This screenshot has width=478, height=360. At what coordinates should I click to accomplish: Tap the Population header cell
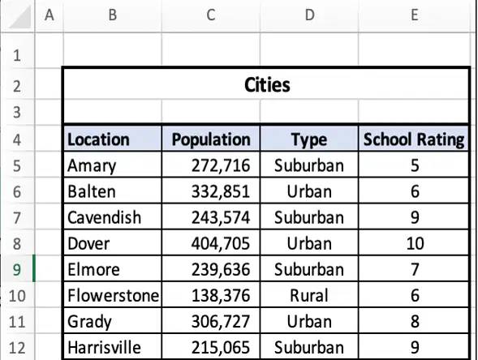(x=211, y=139)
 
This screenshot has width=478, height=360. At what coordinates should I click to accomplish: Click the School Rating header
(x=414, y=139)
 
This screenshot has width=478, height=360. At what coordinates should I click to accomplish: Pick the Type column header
(x=309, y=139)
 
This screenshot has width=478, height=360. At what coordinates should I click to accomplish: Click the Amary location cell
(x=113, y=165)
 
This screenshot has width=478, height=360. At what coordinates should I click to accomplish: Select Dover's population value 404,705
(x=211, y=243)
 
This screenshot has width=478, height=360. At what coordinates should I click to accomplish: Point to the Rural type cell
(x=309, y=295)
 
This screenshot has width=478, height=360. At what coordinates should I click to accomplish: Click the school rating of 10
(x=414, y=243)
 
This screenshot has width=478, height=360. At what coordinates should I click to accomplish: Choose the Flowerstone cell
(x=113, y=295)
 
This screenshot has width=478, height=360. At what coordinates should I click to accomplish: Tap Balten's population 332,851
(x=211, y=191)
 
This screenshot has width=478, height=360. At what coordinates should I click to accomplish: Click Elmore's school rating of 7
(x=414, y=269)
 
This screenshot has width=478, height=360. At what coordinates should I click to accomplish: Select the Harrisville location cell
(x=113, y=348)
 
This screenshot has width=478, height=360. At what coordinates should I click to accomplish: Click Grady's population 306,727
(x=211, y=321)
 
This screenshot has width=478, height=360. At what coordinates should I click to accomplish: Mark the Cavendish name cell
(x=113, y=217)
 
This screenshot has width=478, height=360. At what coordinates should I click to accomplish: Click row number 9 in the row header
(x=17, y=269)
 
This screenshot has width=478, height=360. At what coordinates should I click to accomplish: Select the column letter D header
(x=309, y=15)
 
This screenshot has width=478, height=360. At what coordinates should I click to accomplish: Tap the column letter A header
(x=49, y=15)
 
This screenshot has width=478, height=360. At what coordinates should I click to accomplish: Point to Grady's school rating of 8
(x=414, y=321)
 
